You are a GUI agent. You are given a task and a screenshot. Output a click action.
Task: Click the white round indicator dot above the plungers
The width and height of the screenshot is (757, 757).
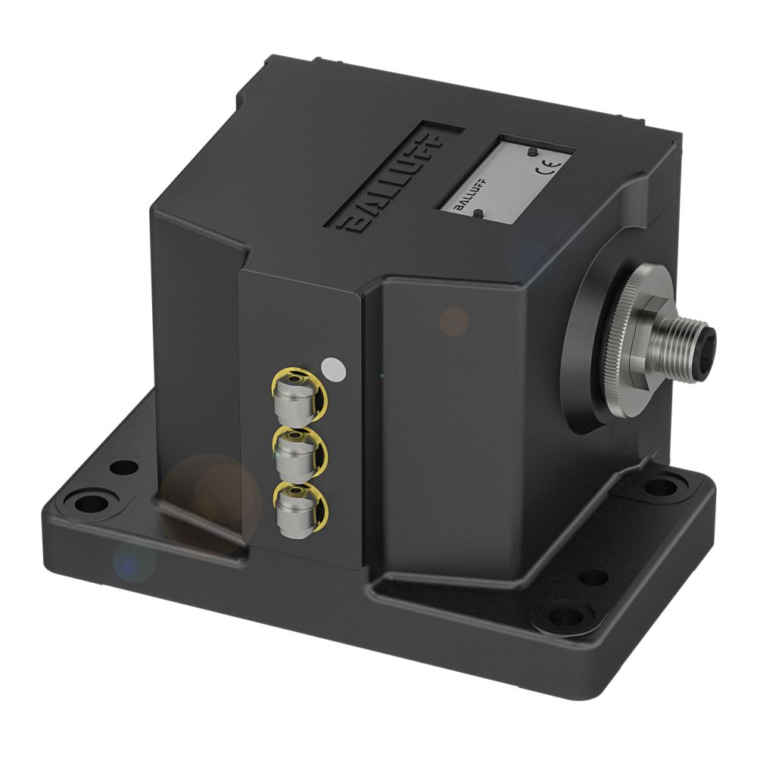[333, 369]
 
